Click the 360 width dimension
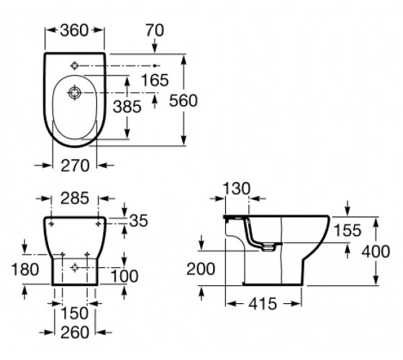(74, 30)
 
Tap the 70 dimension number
(155, 30)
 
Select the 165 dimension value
(155, 80)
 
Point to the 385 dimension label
(127, 107)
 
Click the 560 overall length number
(184, 100)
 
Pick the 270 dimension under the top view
(75, 166)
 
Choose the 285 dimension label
(75, 198)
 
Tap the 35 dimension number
(138, 220)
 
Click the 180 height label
(25, 269)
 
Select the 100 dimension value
(124, 276)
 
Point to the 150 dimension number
(75, 313)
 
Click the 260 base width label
(75, 333)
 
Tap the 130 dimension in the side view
(236, 189)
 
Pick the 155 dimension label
(348, 230)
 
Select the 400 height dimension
(376, 251)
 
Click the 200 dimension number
(201, 269)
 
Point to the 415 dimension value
(263, 304)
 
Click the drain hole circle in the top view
(75, 93)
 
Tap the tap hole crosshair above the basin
(75, 66)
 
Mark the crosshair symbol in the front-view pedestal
(75, 268)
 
